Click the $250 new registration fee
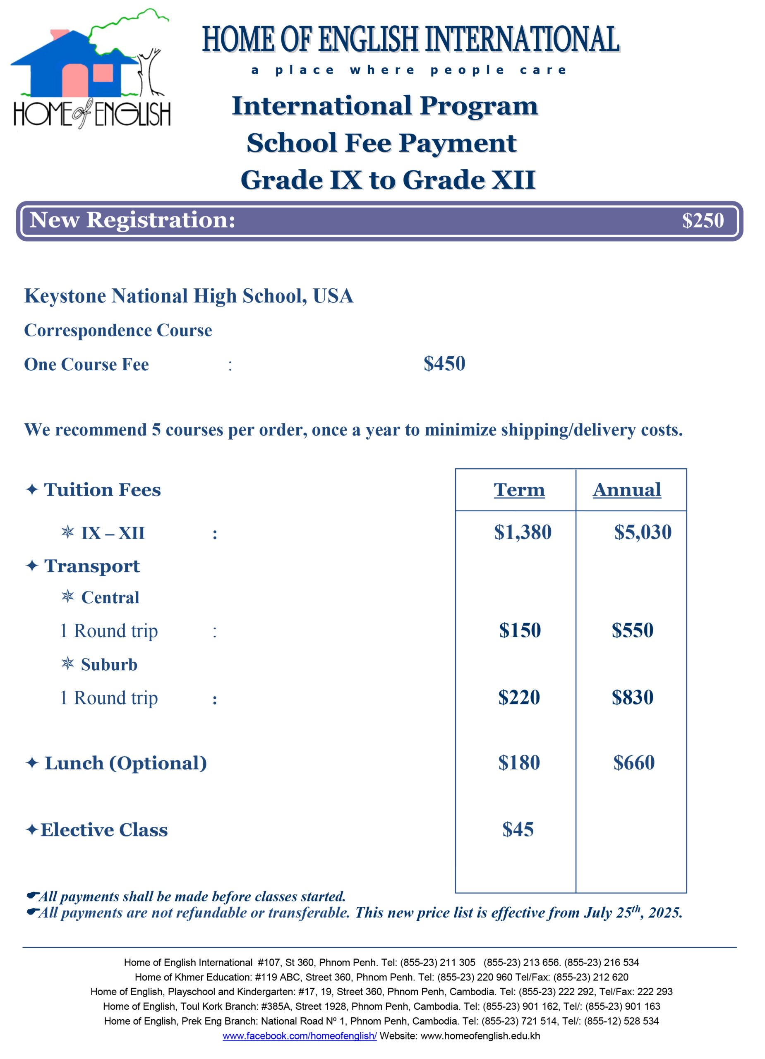tap(703, 220)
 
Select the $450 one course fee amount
tap(444, 364)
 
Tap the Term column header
tap(519, 490)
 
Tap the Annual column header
tap(627, 490)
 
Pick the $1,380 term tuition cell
tap(523, 532)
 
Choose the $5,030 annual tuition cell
tap(643, 532)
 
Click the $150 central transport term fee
tap(520, 630)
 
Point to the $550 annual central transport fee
tap(632, 630)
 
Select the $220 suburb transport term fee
tap(519, 697)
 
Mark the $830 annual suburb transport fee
tap(632, 697)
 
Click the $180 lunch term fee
tap(519, 763)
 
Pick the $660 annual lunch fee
tap(634, 763)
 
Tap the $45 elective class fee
tap(518, 830)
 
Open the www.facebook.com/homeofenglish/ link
tap(300, 1036)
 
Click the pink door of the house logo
tap(75, 80)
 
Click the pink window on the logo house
tap(103, 73)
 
